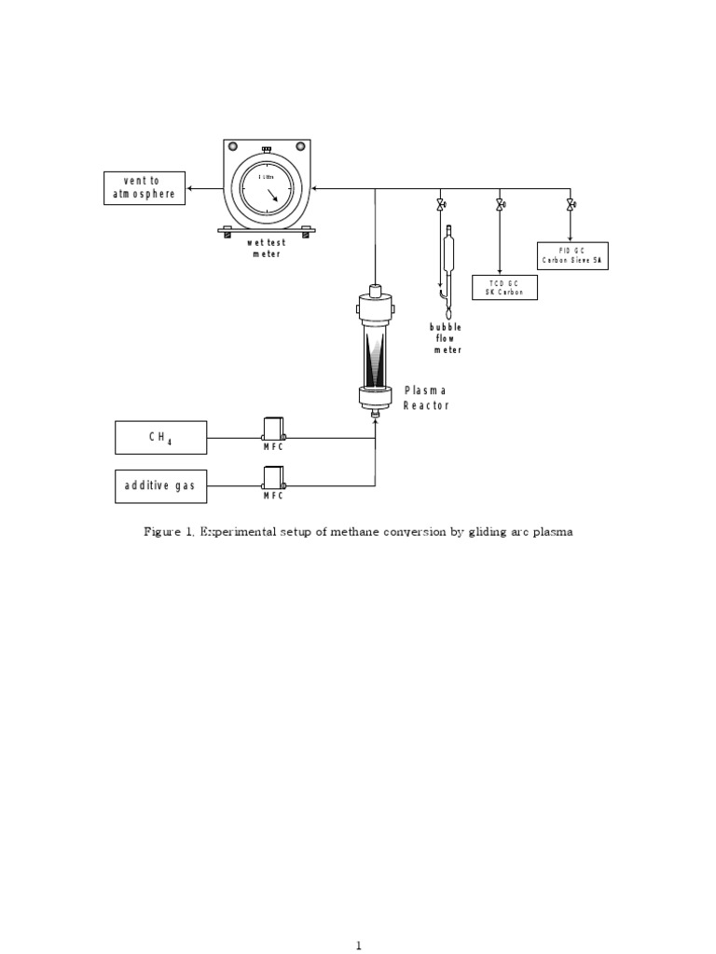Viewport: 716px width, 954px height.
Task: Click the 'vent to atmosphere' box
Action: tap(144, 187)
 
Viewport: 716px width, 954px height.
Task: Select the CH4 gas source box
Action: tap(160, 437)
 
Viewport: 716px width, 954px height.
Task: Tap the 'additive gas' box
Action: tap(160, 486)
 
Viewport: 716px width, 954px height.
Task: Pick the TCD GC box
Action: tap(504, 288)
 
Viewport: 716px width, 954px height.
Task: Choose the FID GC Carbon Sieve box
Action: tap(572, 256)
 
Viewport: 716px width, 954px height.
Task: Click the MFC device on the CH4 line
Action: tap(272, 430)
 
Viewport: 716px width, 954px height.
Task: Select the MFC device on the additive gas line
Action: tap(272, 479)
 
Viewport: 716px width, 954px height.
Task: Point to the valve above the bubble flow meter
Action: tap(440, 204)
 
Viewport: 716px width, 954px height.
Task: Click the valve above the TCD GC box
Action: tap(501, 204)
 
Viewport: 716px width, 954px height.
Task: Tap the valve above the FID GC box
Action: tap(570, 204)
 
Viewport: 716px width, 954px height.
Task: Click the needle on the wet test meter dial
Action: tap(272, 197)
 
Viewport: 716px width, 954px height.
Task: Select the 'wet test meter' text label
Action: tap(266, 249)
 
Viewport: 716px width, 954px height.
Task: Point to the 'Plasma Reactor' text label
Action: tap(425, 398)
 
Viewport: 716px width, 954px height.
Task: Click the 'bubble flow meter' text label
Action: tap(446, 338)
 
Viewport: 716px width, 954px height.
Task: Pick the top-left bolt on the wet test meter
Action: tap(233, 145)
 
